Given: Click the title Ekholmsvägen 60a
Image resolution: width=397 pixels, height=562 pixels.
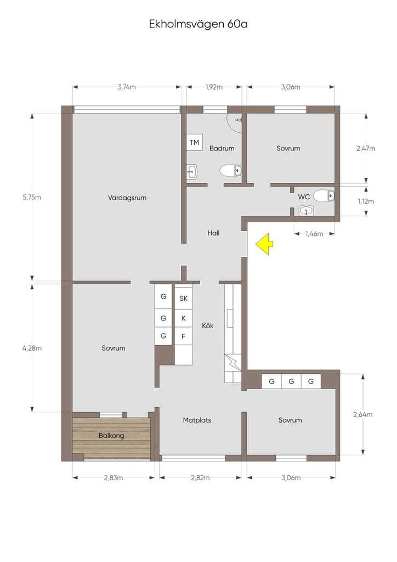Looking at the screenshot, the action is coord(198,24).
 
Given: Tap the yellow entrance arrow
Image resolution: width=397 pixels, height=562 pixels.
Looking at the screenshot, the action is coord(264,244).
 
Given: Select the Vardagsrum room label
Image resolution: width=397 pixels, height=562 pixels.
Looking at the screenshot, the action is coord(127,198).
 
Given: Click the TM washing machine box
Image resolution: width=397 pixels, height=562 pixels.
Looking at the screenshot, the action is coord(194,142).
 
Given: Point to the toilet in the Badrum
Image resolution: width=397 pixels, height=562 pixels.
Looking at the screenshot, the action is coord(230,171).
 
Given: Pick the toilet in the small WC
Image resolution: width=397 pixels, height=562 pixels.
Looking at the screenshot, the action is coord(324,196).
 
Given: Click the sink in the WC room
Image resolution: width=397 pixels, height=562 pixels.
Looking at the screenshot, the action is coord(307,210).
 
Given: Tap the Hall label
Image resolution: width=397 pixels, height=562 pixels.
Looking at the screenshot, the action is coord(213,233).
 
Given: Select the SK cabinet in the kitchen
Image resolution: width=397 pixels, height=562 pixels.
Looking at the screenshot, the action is coord(183,298).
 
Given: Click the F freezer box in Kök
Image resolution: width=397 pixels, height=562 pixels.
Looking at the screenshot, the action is coord(183,336).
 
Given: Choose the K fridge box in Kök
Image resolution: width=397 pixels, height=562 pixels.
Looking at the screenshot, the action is coord(183,318).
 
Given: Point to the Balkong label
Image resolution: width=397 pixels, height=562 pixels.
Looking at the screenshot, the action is coord(111,436).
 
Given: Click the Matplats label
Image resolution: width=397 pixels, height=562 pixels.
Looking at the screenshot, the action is coord(197,420).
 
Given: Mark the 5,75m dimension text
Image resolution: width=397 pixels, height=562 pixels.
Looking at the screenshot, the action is coord(32,197).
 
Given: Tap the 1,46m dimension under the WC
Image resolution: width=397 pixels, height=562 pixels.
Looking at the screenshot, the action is coord(314,234).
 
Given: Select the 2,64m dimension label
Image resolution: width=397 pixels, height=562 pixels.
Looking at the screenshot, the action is coord(362,414).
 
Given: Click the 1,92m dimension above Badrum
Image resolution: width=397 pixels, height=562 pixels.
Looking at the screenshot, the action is coord(214,87).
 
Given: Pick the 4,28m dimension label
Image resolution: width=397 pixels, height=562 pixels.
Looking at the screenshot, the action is coord(32,348).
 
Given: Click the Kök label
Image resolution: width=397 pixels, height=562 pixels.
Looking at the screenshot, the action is coord(208,325).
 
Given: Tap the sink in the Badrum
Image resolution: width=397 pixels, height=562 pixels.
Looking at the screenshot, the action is coord(192,172).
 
